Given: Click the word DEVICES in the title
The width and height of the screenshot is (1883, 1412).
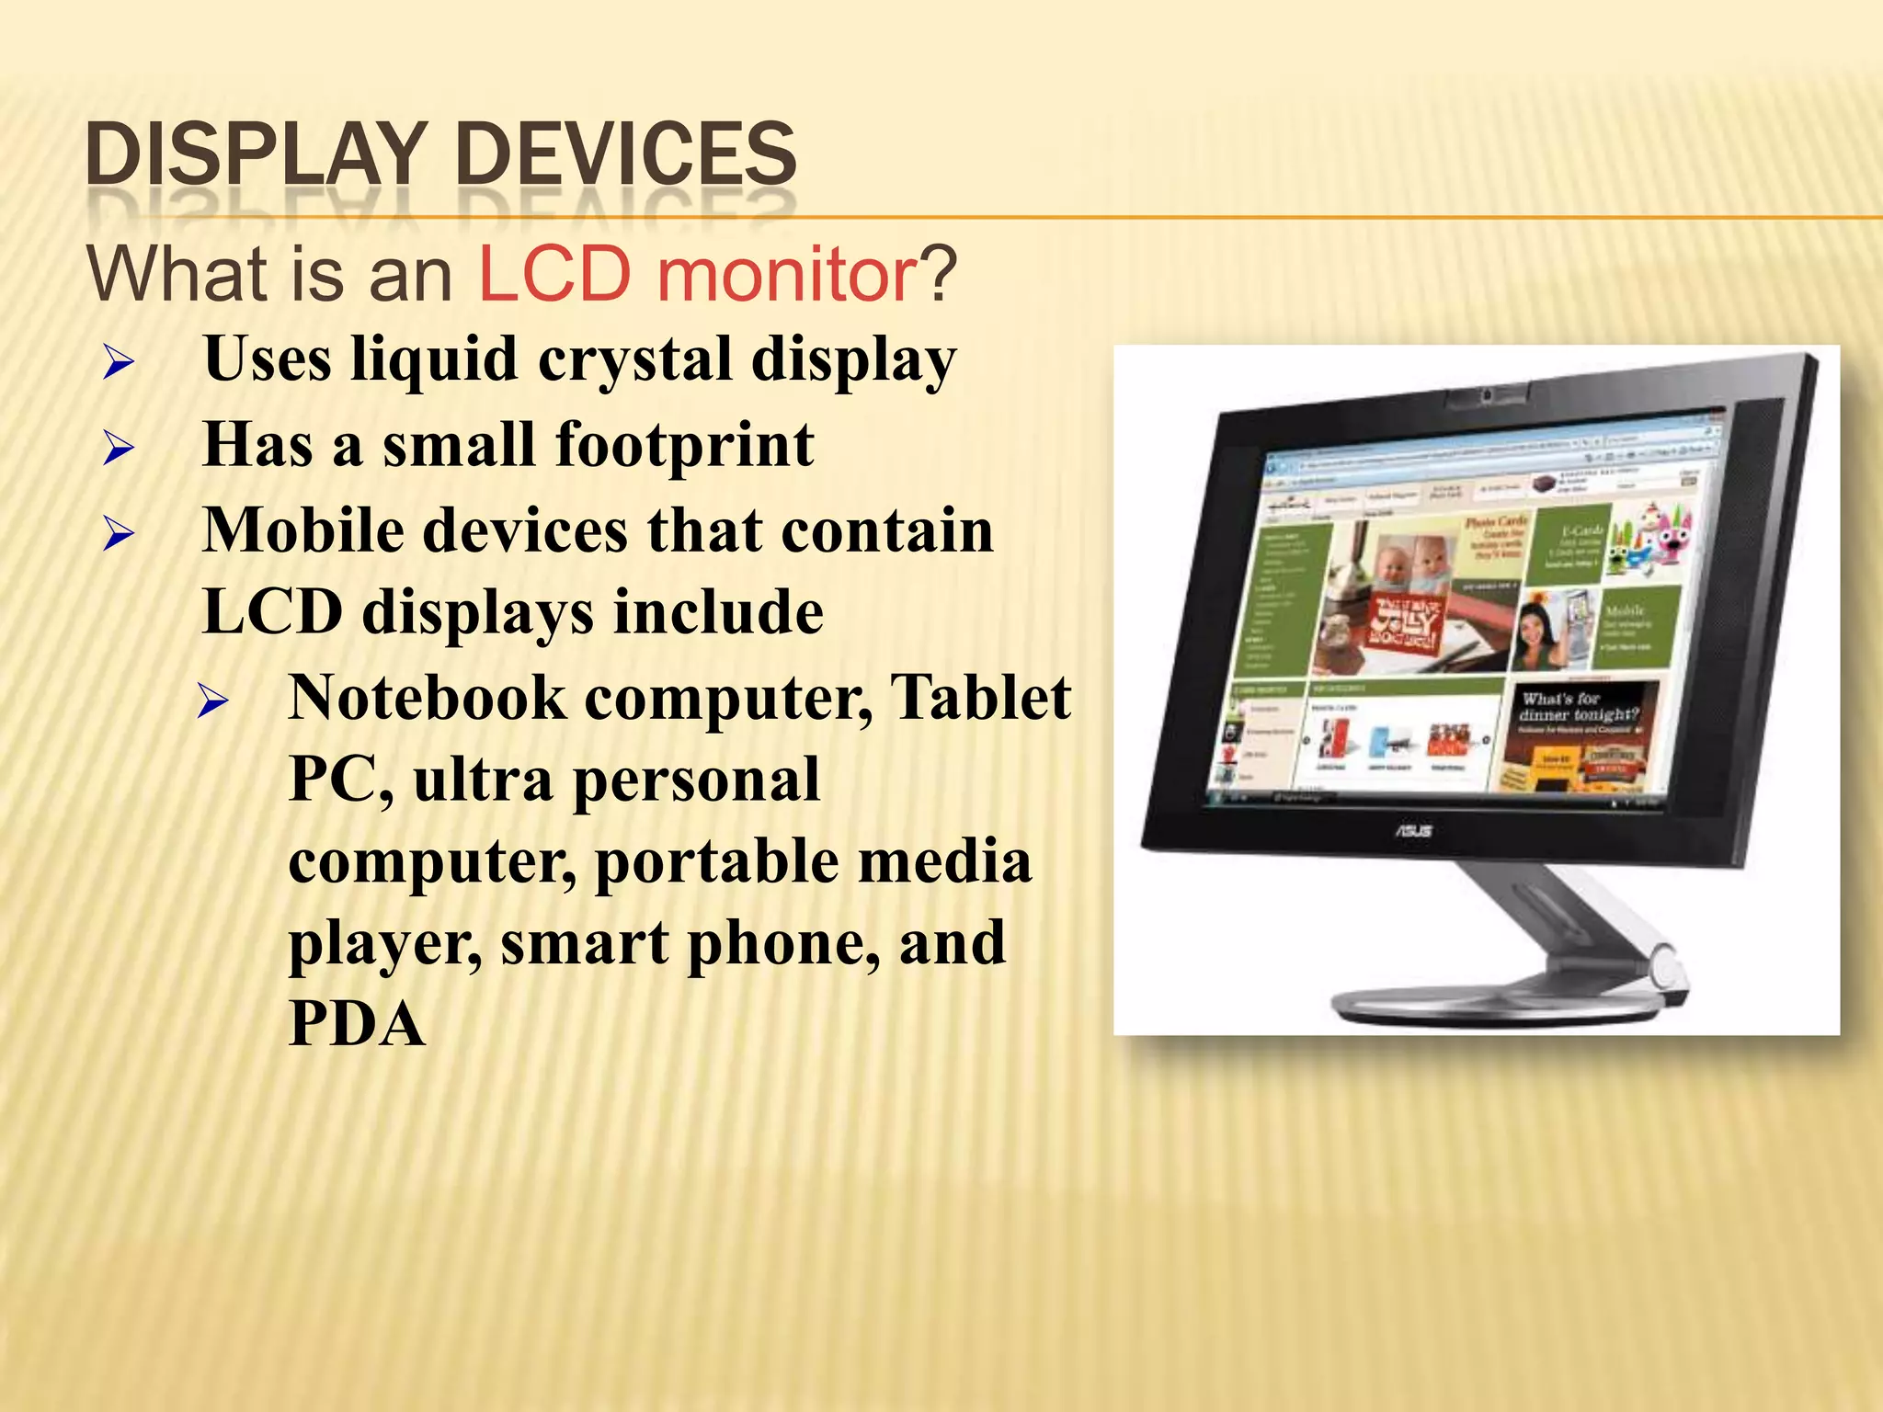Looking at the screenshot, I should coord(625,154).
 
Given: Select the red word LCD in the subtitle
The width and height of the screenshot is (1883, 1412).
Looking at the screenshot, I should coord(555,274).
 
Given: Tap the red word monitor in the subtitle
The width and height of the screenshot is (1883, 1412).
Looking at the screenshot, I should coord(786,274).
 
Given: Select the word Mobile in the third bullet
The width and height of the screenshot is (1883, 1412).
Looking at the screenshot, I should coord(302,530).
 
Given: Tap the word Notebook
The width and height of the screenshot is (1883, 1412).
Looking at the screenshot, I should coord(428,698).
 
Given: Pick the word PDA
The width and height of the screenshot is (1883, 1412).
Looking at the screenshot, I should coord(357,1024).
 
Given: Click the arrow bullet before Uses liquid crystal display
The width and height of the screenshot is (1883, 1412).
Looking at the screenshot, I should coord(119,363).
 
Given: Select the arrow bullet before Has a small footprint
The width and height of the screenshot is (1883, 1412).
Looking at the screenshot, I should coord(119,449).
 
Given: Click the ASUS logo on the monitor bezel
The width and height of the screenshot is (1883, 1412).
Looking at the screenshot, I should coord(1413,831).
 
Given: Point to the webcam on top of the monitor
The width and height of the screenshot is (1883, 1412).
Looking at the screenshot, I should coord(1485,395).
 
